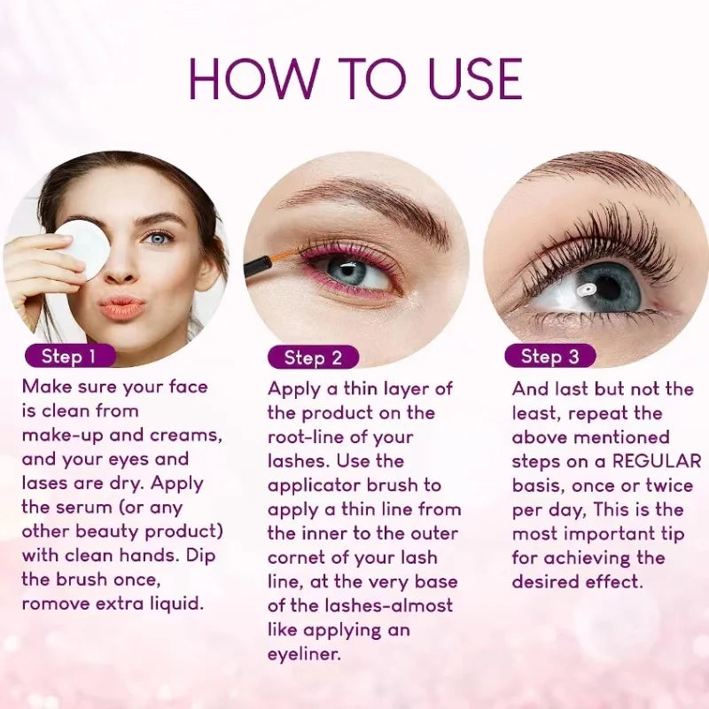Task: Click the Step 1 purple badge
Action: [x=70, y=356]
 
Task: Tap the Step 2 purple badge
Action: [x=313, y=358]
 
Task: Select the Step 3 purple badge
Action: [x=549, y=356]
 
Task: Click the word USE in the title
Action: [x=475, y=79]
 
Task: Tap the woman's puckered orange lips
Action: [x=122, y=308]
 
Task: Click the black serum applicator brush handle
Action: [x=258, y=266]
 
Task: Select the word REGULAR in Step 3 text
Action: [x=657, y=461]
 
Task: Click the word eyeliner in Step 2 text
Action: [x=304, y=654]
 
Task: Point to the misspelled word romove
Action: [x=55, y=604]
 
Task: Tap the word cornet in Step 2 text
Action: [x=296, y=558]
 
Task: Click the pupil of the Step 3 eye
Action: [x=608, y=287]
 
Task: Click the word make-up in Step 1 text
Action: [x=62, y=435]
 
